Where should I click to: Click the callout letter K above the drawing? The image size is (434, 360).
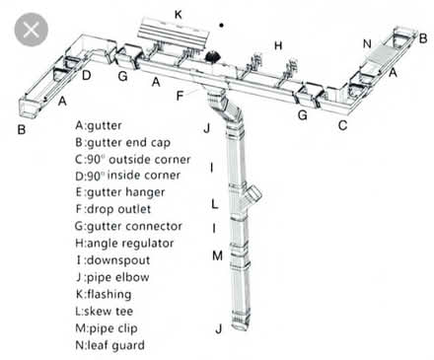coord(179,14)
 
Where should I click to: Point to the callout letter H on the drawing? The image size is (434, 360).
coord(279,45)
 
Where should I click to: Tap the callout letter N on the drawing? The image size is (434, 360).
coord(367,43)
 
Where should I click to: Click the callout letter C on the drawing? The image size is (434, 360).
coord(343,124)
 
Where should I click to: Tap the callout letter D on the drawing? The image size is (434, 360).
coord(87,75)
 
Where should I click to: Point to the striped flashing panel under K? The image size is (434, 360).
coord(178,33)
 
